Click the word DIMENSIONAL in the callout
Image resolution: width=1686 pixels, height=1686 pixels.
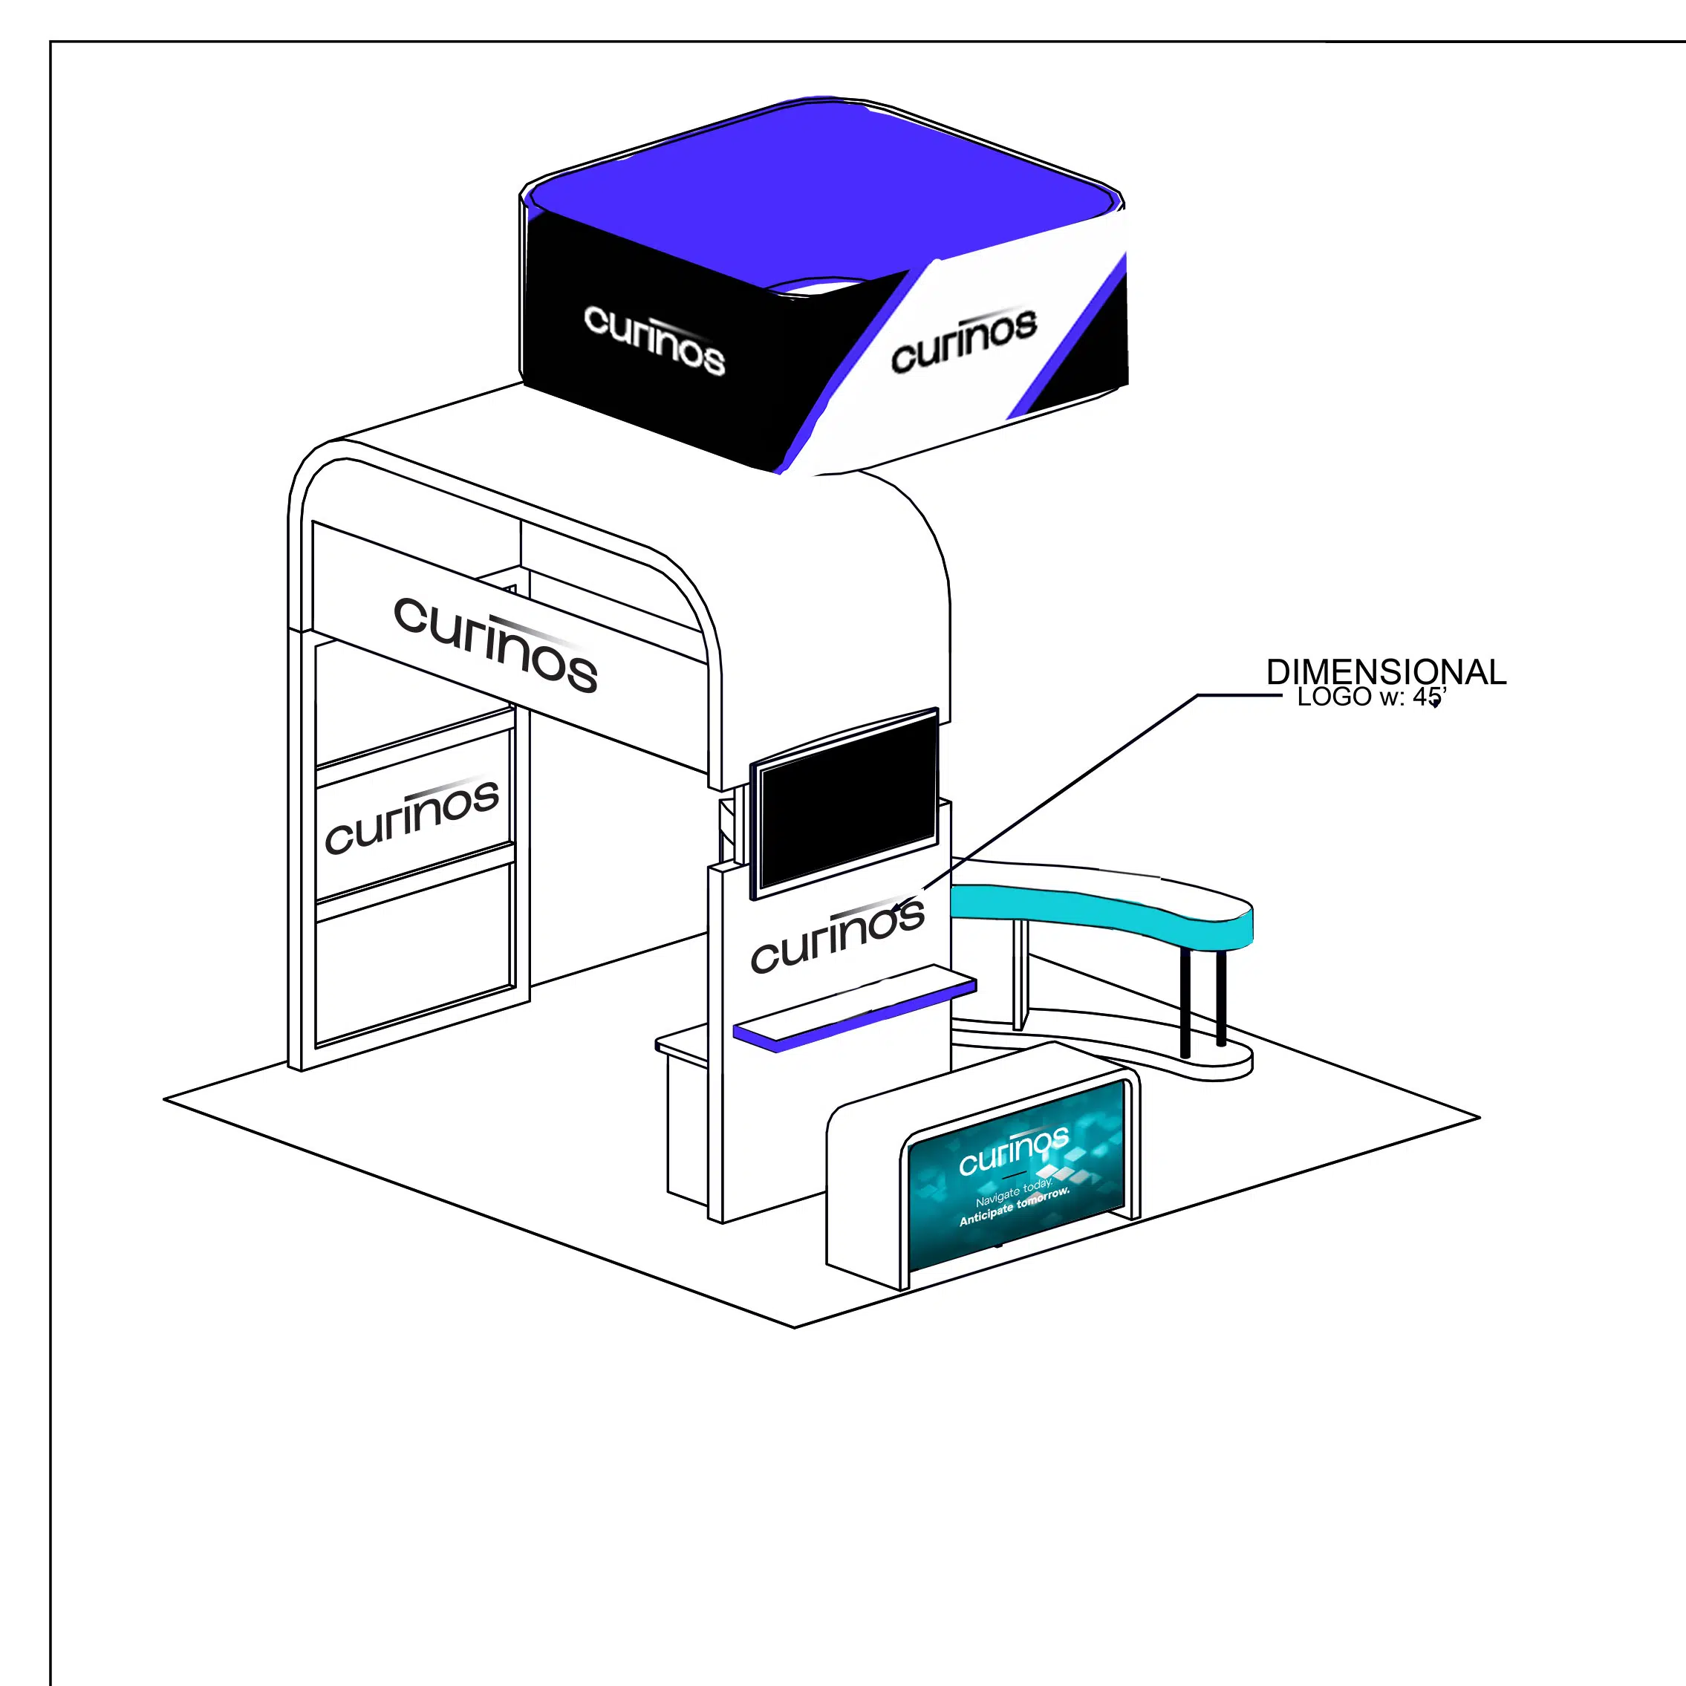click(1386, 673)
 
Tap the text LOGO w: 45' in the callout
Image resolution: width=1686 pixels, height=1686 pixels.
click(1370, 697)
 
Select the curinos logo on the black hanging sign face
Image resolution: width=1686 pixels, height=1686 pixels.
click(654, 339)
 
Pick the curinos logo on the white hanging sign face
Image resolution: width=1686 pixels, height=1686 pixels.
click(963, 340)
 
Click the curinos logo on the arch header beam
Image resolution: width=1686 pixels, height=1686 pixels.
click(495, 644)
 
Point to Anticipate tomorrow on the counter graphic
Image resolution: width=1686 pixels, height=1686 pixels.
click(1013, 1207)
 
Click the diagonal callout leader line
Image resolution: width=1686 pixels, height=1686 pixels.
click(1064, 785)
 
